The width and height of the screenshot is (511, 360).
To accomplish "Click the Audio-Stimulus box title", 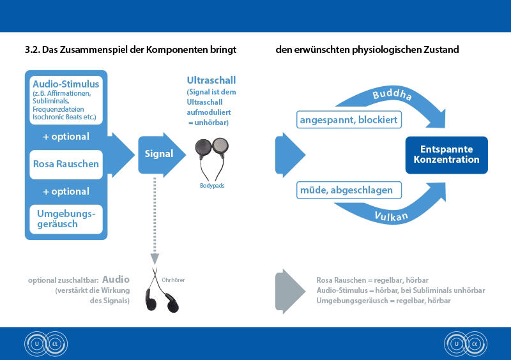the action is pyautogui.click(x=66, y=84).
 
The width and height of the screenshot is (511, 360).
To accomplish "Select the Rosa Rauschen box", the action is pyautogui.click(x=66, y=164).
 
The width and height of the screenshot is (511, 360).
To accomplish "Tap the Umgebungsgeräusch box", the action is pyautogui.click(x=66, y=219).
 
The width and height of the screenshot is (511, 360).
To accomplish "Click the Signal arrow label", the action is pyautogui.click(x=158, y=154).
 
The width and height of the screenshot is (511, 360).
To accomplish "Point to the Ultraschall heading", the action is pyautogui.click(x=211, y=80).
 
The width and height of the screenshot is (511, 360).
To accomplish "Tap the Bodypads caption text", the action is pyautogui.click(x=212, y=186).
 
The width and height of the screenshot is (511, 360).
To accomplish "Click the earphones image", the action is pyautogui.click(x=162, y=290).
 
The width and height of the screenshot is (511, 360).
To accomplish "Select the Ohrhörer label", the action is pyautogui.click(x=173, y=280).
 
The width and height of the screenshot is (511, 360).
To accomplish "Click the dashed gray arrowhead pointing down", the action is pyautogui.click(x=155, y=259).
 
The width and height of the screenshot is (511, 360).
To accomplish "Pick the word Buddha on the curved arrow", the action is pyautogui.click(x=392, y=94).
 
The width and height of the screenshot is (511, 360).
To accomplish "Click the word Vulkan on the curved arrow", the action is pyautogui.click(x=392, y=216).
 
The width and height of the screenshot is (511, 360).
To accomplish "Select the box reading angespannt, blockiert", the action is pyautogui.click(x=349, y=120).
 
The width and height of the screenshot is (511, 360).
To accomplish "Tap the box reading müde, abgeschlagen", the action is pyautogui.click(x=349, y=190).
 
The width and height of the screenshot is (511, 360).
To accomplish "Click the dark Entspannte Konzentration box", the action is pyautogui.click(x=446, y=154).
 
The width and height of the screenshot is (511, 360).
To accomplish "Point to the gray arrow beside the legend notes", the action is pyautogui.click(x=290, y=291).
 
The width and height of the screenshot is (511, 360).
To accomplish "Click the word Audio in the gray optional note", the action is pyautogui.click(x=116, y=280).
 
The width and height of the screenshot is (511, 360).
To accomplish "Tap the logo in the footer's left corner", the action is pyautogui.click(x=46, y=343).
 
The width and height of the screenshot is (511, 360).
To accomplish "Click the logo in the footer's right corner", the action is pyautogui.click(x=466, y=343).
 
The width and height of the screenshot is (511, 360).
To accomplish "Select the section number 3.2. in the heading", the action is pyautogui.click(x=33, y=50).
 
